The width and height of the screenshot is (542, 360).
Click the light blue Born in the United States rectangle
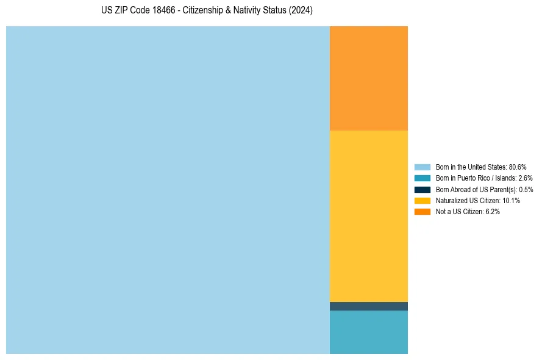168,190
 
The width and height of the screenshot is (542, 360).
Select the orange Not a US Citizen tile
368,78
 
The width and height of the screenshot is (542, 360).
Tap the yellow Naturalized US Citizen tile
368,216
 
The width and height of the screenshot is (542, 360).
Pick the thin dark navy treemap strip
368,306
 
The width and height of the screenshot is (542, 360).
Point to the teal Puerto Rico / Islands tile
368,332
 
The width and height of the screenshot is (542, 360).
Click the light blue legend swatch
423,167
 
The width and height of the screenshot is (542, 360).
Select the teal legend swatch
423,178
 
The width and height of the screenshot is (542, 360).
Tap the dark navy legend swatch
423,189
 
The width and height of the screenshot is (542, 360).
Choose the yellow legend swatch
423,200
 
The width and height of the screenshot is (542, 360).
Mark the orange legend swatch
423,212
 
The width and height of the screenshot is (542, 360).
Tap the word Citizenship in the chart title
204,11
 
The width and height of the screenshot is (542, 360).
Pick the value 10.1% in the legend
511,200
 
